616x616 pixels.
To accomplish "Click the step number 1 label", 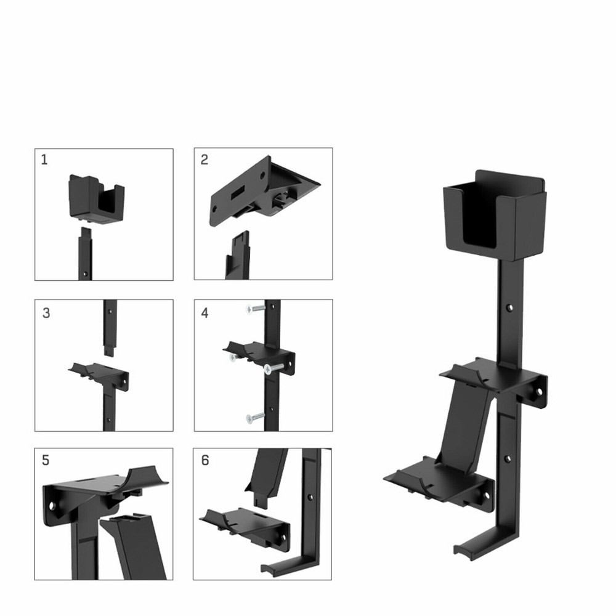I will pyautogui.click(x=44, y=160).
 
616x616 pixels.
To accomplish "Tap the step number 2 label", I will pyautogui.click(x=205, y=160).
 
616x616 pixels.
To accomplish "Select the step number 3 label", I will pyautogui.click(x=46, y=312).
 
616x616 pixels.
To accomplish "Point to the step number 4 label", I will pyautogui.click(x=205, y=313).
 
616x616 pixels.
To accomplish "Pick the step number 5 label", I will pyautogui.click(x=46, y=460).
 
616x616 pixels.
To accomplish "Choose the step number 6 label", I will pyautogui.click(x=205, y=460).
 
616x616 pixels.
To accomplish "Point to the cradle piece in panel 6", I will pyautogui.click(x=243, y=524).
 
